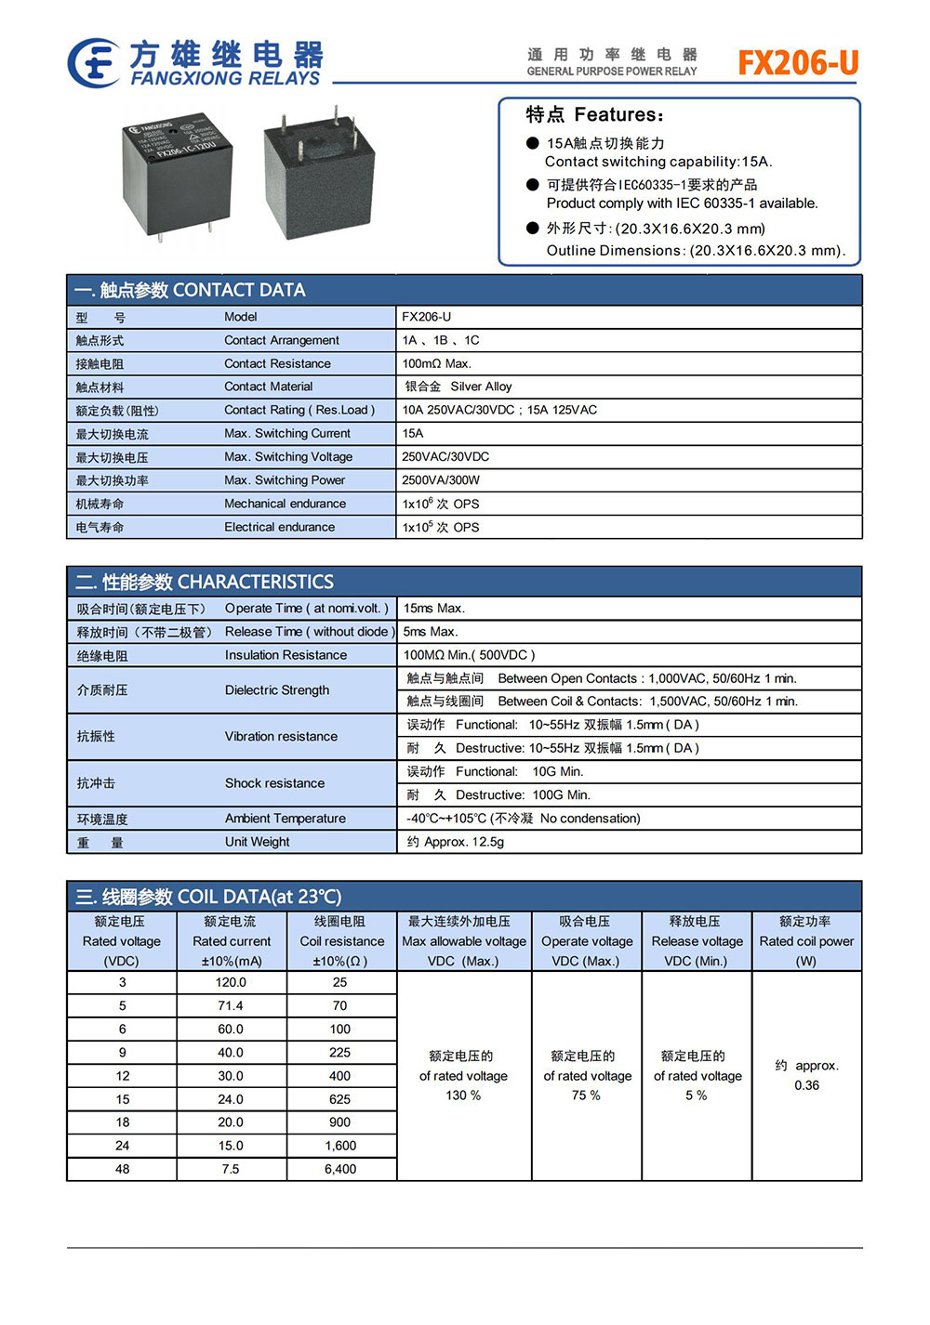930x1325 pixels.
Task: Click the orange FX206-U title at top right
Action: coord(798,62)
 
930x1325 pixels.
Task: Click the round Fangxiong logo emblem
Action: coord(93,63)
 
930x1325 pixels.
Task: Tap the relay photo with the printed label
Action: coord(177,177)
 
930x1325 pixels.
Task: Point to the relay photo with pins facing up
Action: coord(318,177)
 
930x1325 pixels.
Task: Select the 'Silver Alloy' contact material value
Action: coord(481,387)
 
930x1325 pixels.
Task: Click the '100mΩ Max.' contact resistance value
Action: coord(436,363)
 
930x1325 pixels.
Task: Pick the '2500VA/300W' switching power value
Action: coord(441,480)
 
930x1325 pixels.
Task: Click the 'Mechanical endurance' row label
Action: coord(285,504)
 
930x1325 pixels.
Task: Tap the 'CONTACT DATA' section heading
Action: coord(239,290)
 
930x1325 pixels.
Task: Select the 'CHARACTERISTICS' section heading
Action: coord(255,582)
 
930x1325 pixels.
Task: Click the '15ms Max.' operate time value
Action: coord(433,609)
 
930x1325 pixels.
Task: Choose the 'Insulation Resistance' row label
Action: coord(286,655)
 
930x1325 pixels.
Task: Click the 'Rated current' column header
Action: coord(232,941)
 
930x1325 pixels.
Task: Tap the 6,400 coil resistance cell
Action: coord(340,1169)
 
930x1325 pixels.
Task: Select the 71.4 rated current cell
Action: coord(231,1005)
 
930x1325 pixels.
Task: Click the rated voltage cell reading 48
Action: coord(122,1169)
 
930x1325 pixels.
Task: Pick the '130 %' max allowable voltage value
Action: coord(463,1095)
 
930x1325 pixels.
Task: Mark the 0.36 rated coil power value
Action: coord(806,1085)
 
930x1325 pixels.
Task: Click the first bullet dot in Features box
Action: coord(533,143)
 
